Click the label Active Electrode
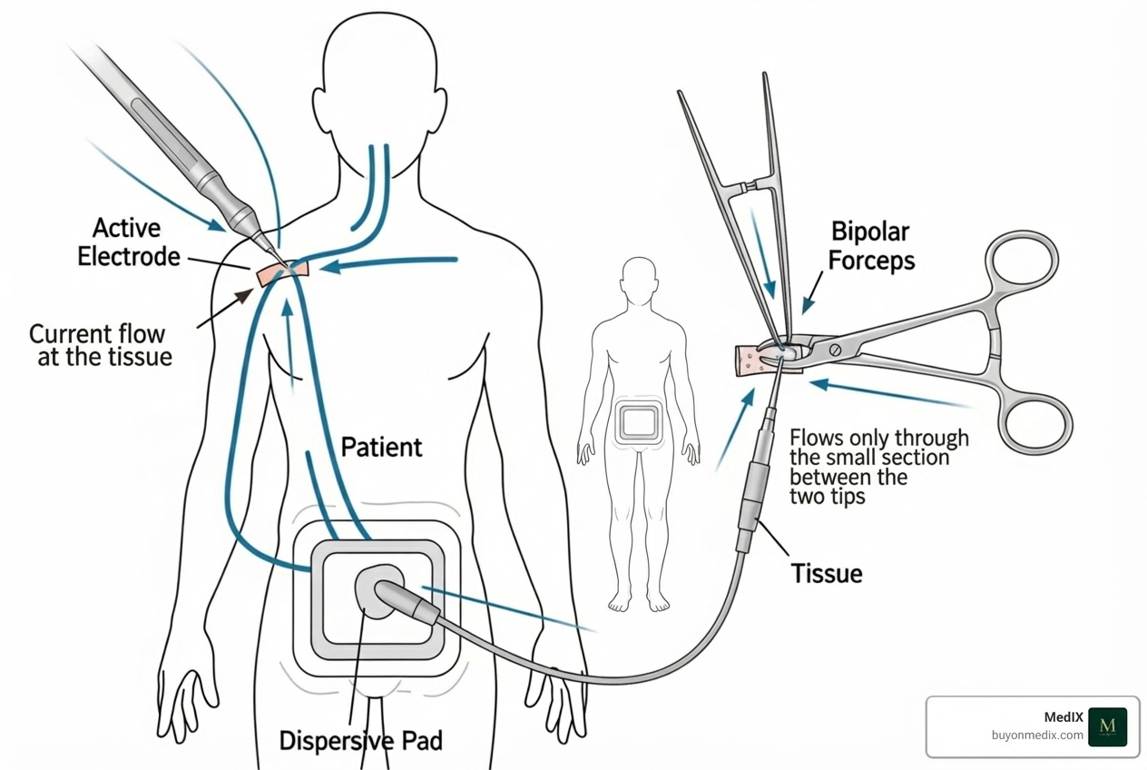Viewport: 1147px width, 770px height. point(128,242)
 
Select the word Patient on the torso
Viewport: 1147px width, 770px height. point(381,447)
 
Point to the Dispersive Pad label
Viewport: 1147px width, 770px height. point(360,740)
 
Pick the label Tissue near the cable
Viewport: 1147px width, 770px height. point(826,573)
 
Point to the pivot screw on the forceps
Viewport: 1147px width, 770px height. point(834,350)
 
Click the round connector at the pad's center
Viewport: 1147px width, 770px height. point(377,591)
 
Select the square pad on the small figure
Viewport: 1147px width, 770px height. point(640,423)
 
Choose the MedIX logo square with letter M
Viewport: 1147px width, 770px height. point(1106,726)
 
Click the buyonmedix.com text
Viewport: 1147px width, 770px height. point(1036,735)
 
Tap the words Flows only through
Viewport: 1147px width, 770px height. point(879,438)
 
